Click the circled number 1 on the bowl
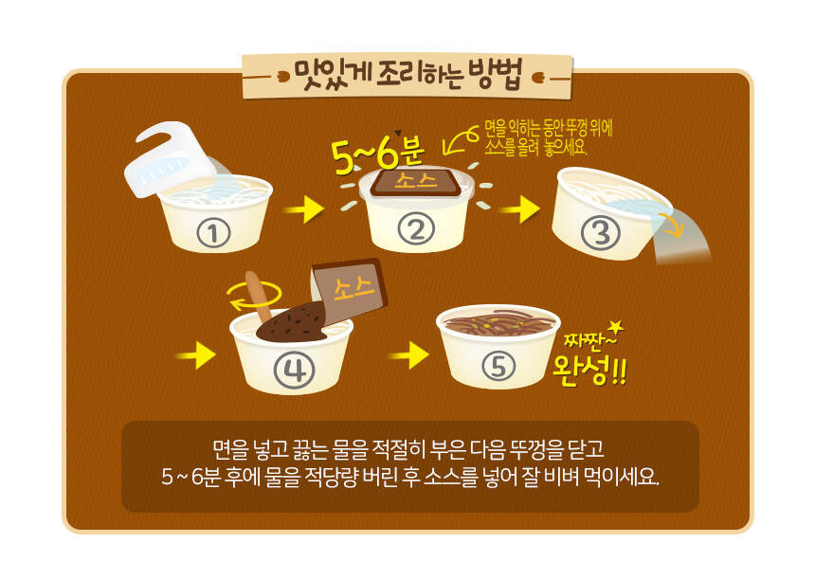(213, 233)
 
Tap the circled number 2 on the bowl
(416, 228)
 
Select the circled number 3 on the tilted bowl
(600, 232)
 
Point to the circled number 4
(294, 372)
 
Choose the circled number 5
(498, 366)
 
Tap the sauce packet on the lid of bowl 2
(416, 181)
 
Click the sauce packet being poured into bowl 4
(350, 291)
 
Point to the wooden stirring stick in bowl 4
(259, 297)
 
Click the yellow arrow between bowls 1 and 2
(304, 209)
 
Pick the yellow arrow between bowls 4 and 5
(409, 355)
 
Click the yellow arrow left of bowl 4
(195, 355)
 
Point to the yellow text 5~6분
(378, 154)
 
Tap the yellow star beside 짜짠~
(616, 327)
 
